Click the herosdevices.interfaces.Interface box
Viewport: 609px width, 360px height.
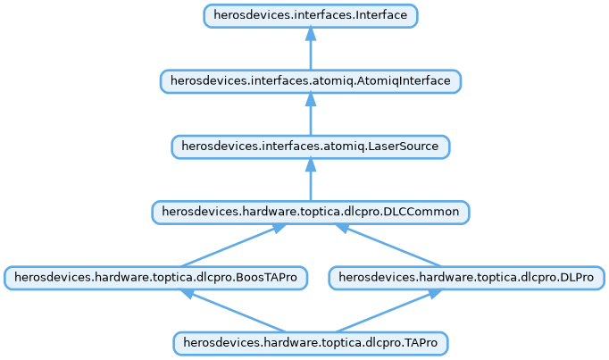[x=310, y=16]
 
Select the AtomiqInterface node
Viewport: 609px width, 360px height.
[x=310, y=81]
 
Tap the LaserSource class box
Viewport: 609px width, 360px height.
[x=310, y=147]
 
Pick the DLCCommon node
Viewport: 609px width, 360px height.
[x=310, y=213]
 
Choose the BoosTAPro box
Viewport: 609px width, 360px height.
[x=155, y=278]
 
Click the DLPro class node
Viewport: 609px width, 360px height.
[x=466, y=278]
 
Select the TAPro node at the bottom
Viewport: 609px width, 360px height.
[x=310, y=343]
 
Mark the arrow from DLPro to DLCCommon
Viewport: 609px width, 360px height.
[x=388, y=245]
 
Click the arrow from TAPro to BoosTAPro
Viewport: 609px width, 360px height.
[x=234, y=310]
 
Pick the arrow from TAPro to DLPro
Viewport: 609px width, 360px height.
[x=388, y=310]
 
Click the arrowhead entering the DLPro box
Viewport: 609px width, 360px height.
[x=432, y=294]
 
